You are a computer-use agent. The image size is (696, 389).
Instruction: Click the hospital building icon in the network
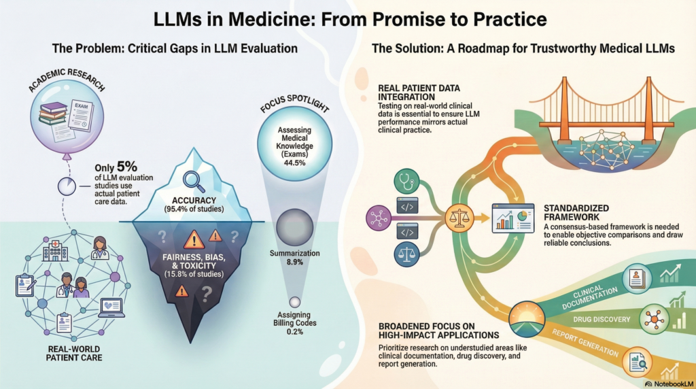tap(55, 250)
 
